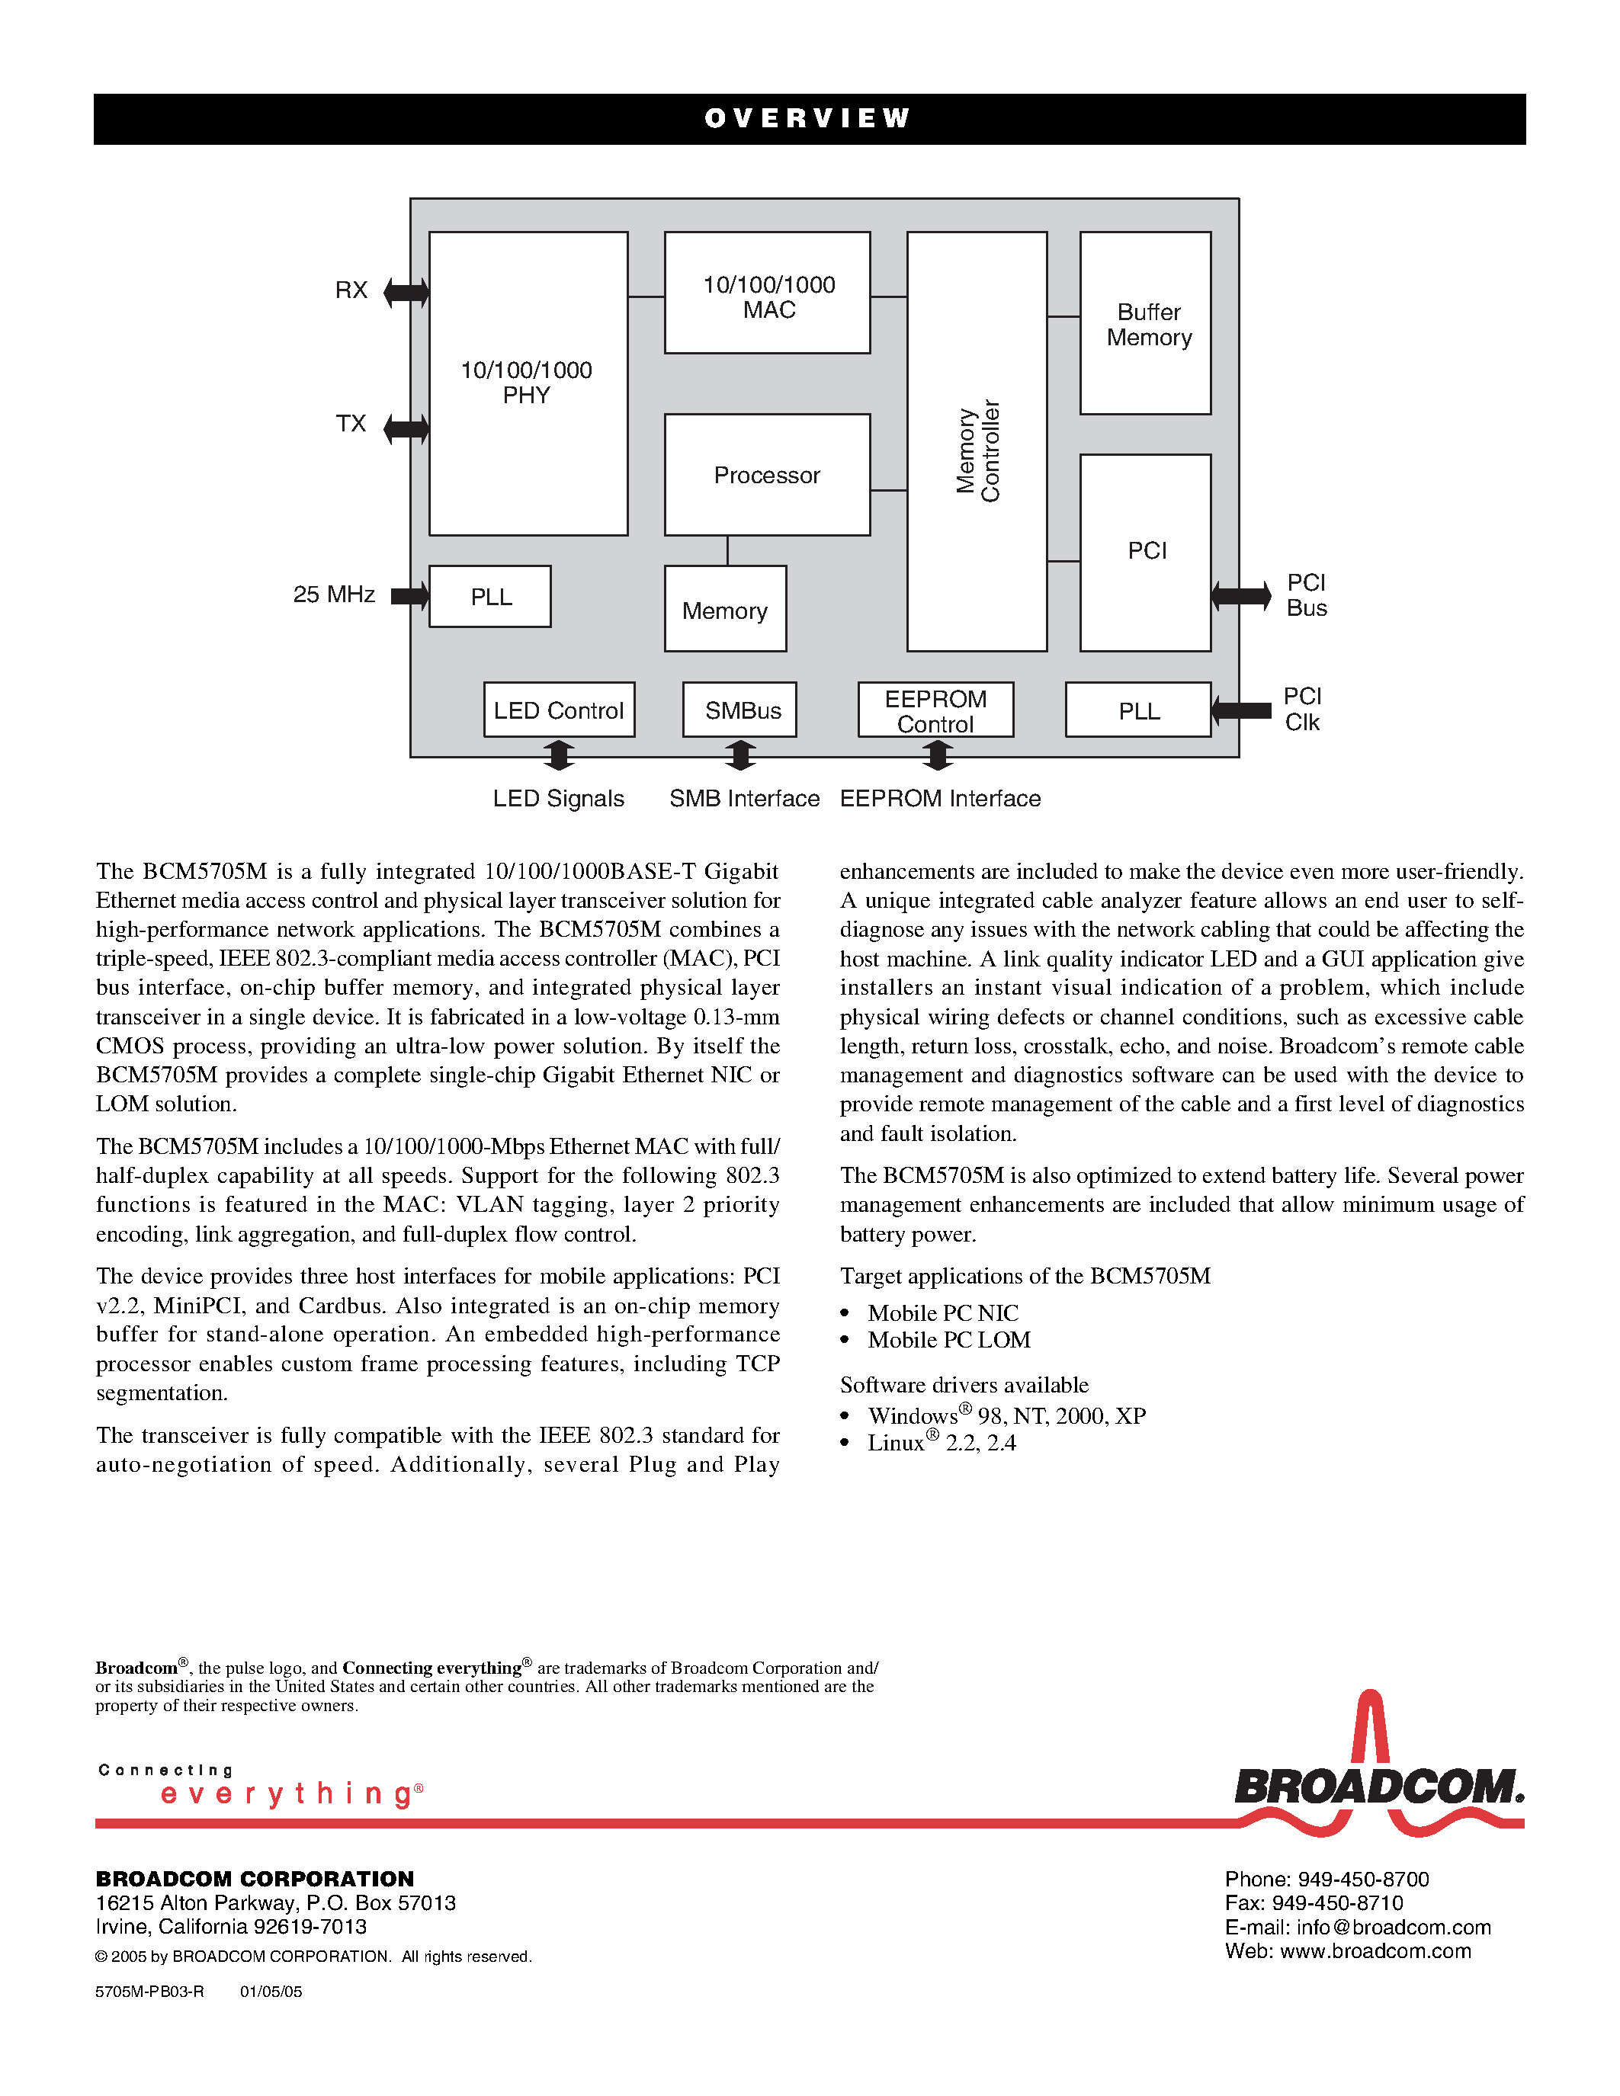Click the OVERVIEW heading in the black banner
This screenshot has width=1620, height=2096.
pyautogui.click(x=807, y=118)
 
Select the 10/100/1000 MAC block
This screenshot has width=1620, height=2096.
pyautogui.click(x=767, y=293)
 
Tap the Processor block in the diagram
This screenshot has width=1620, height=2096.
pyautogui.click(x=767, y=475)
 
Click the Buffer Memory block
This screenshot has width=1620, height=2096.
pyautogui.click(x=1145, y=323)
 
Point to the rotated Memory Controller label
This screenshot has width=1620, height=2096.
pyautogui.click(x=978, y=450)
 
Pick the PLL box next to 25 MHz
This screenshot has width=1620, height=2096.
pyautogui.click(x=489, y=597)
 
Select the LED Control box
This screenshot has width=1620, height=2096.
pyautogui.click(x=559, y=710)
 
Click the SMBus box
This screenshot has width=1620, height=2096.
pyautogui.click(x=740, y=710)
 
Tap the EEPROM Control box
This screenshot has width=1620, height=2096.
pyautogui.click(x=935, y=710)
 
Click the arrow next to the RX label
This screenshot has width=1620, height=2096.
pyautogui.click(x=406, y=292)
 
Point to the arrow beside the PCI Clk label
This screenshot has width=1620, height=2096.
pyautogui.click(x=1241, y=710)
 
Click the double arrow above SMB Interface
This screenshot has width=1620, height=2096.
pyautogui.click(x=740, y=755)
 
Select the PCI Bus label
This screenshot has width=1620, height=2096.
pyautogui.click(x=1306, y=595)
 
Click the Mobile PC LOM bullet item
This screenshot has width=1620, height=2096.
pyautogui.click(x=948, y=1340)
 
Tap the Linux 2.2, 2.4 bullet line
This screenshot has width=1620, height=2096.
pyautogui.click(x=941, y=1444)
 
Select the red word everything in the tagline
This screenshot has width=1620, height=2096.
pyautogui.click(x=288, y=1793)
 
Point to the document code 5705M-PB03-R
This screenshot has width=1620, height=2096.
pyautogui.click(x=149, y=1992)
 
